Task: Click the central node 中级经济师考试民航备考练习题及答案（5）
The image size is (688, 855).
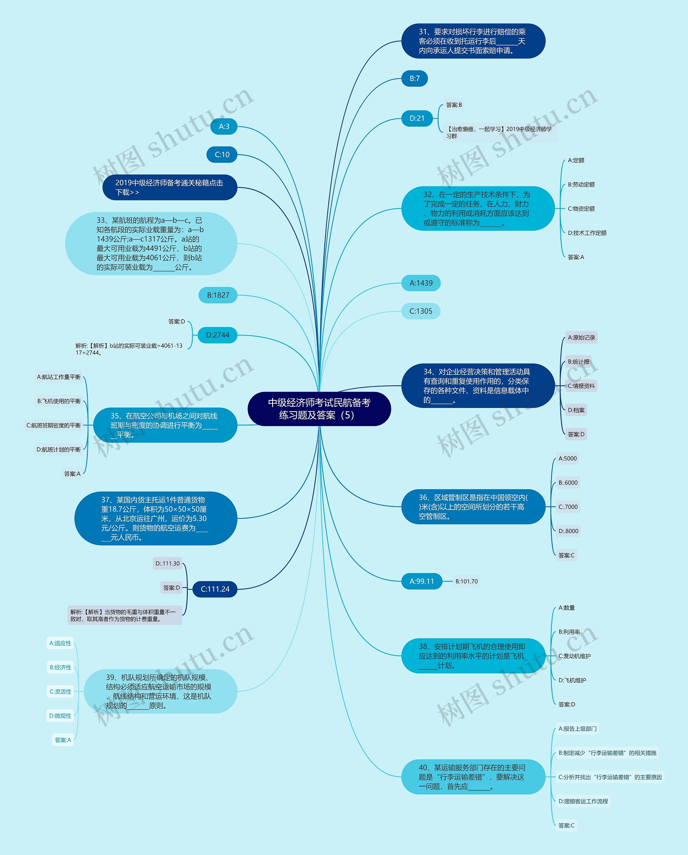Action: pos(319,409)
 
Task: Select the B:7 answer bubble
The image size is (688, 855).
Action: pos(414,79)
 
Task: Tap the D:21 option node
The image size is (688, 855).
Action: pos(417,118)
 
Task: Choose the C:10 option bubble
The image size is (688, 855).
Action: pos(222,155)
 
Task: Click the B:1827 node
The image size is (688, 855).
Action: pos(218,295)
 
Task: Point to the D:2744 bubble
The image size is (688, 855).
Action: pos(218,335)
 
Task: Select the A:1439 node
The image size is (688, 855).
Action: pos(421,283)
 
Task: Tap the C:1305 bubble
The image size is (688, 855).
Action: pos(421,311)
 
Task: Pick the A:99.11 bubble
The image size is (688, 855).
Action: pos(422,581)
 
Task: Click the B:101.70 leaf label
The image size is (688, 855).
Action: pos(467,582)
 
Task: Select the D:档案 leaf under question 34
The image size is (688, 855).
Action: pos(576,410)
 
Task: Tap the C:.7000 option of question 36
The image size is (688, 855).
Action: pos(568,507)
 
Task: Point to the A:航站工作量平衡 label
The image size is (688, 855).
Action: pos(59,377)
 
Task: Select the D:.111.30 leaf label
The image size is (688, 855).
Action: pos(167,563)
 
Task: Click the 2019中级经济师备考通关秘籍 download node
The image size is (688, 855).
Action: pos(170,187)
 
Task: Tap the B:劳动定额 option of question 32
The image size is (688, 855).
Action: pos(581,185)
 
